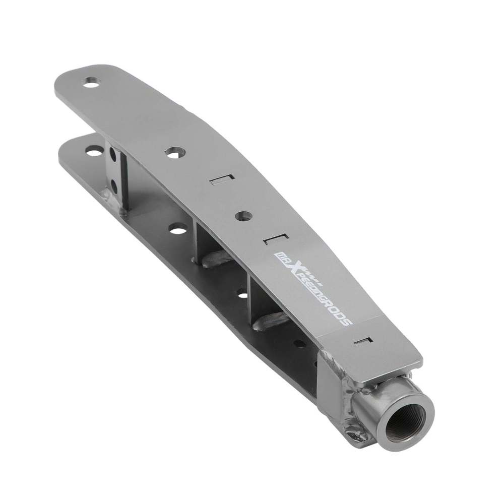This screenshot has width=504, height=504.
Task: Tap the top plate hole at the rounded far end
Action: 92,82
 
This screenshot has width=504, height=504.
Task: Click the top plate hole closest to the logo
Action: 244,216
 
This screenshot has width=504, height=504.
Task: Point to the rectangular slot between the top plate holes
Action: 222,180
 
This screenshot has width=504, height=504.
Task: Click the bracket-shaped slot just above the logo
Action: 276,239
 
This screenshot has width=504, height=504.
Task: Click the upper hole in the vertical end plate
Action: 113,154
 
